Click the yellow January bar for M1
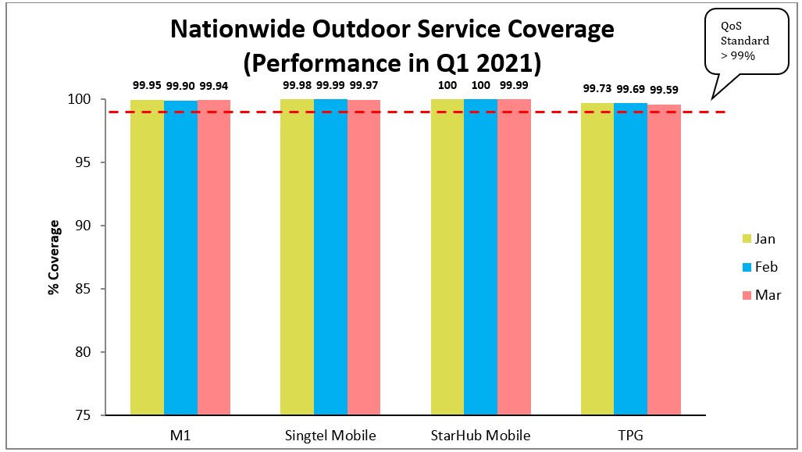(147, 258)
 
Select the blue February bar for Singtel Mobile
(330, 258)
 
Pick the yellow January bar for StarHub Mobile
(447, 258)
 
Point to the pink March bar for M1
(214, 258)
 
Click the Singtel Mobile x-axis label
(331, 435)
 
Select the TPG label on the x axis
(631, 435)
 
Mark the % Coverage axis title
(53, 258)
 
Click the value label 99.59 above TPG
(663, 88)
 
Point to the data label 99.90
(180, 85)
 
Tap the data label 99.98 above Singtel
(298, 85)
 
